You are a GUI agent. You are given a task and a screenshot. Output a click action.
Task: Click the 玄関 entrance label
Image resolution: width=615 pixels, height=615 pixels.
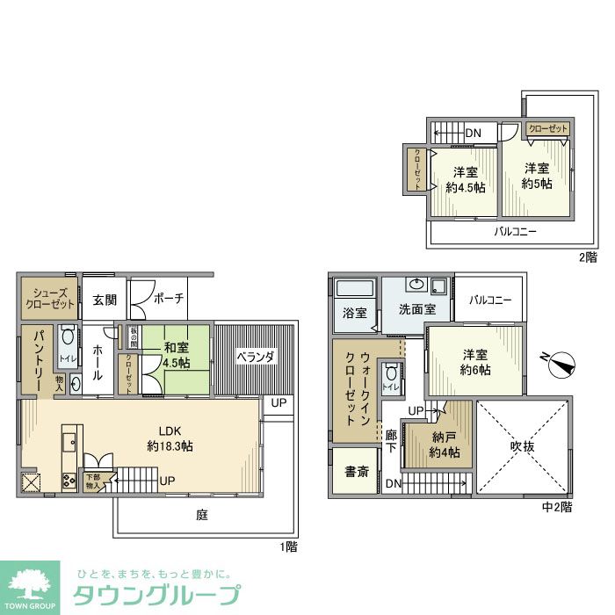(x=105, y=300)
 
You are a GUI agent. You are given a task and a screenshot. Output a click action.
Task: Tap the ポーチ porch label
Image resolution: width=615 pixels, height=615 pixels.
(x=169, y=299)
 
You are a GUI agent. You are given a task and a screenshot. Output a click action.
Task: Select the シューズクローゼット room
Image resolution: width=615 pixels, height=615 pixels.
(x=49, y=299)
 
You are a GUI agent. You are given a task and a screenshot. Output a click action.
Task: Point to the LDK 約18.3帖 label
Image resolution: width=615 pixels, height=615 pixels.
(x=170, y=438)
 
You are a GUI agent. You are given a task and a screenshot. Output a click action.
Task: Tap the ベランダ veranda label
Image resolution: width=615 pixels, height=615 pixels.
(x=256, y=357)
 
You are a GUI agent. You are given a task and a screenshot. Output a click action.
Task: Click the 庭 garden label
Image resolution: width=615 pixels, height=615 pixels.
(x=202, y=516)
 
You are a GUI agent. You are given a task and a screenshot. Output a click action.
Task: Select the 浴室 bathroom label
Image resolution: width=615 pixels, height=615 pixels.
(x=355, y=313)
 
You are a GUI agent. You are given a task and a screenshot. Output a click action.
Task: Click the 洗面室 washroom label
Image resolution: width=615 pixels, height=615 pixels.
(x=416, y=310)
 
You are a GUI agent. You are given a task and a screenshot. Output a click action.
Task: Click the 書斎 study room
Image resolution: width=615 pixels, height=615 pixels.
(x=356, y=472)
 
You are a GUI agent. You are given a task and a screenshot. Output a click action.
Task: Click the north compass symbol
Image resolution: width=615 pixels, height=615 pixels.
(x=560, y=361)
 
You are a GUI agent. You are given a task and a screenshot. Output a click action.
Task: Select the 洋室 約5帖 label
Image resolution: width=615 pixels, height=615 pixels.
(x=537, y=176)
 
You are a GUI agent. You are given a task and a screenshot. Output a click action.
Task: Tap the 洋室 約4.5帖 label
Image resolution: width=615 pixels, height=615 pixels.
(x=462, y=179)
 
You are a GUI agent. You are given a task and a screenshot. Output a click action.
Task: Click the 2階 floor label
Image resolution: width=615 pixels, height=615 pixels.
(x=587, y=257)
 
